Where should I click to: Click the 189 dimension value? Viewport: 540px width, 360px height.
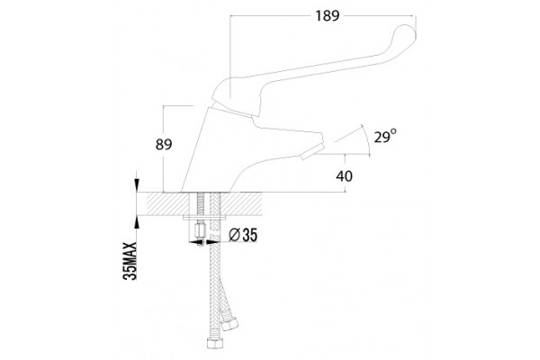(x=328, y=16)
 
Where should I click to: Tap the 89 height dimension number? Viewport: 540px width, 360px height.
(x=164, y=144)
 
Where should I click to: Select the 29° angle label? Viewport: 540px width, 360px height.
(x=385, y=137)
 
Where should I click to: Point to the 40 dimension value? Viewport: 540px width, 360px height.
(x=344, y=176)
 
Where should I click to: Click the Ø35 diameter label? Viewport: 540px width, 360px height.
(x=243, y=235)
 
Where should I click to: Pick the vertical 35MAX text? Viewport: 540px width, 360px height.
(x=130, y=261)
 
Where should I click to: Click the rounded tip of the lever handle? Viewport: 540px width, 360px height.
(x=407, y=34)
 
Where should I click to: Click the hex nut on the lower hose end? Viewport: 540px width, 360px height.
(x=215, y=344)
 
